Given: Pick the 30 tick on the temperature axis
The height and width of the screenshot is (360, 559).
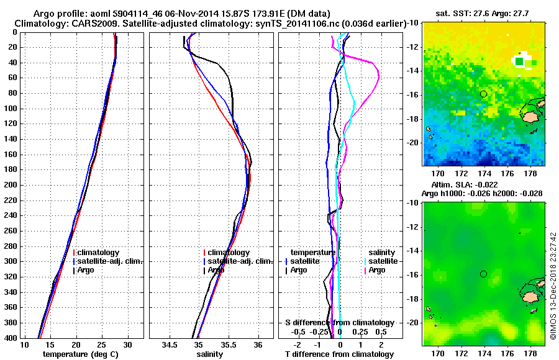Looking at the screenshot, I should coord(128,344).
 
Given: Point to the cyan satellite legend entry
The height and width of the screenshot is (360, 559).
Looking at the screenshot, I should coord(381,261).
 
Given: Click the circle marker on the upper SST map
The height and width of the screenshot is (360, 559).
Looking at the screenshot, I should coord(483,94).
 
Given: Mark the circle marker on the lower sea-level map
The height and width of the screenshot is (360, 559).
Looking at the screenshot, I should coord(483,274).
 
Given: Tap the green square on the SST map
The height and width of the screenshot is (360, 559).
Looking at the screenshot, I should coord(519,61).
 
